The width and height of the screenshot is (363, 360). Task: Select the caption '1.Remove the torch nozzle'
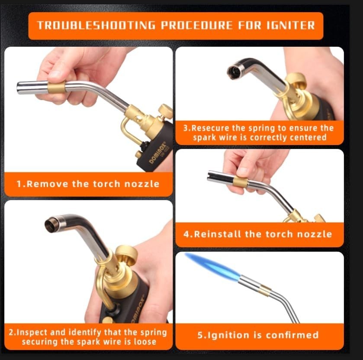point(88,184)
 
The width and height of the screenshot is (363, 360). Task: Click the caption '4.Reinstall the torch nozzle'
point(257,234)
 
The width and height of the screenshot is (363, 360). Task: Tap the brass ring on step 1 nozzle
point(56,87)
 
